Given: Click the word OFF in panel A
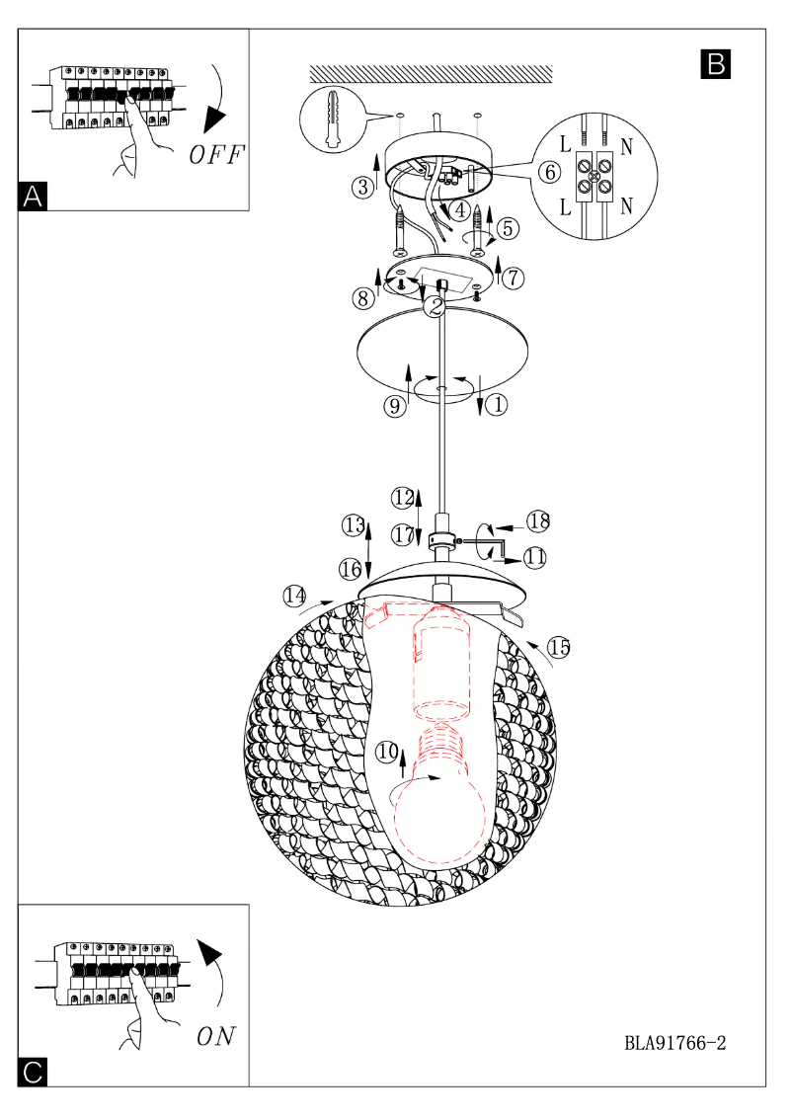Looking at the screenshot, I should point(216,155).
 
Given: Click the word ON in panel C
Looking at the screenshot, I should point(216,1036).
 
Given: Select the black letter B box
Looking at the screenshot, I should point(715,63).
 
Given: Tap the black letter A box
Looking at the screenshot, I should point(33,196).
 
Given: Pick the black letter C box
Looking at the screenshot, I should point(33,1073).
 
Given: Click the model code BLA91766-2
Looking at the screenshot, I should point(675,1042).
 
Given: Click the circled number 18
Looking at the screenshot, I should point(537,521).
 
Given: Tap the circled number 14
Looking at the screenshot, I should point(294,596).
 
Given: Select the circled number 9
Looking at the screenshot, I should point(395,406).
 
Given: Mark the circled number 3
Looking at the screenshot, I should point(364,185).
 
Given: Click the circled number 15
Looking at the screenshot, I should point(559,648).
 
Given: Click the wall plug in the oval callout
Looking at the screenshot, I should point(331,119).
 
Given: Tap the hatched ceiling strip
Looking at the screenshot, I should point(431,74).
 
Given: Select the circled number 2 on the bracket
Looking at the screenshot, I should point(432,306).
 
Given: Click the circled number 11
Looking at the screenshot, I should point(535,557).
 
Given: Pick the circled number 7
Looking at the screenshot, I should point(512,278).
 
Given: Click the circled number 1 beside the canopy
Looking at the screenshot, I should point(497,404).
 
